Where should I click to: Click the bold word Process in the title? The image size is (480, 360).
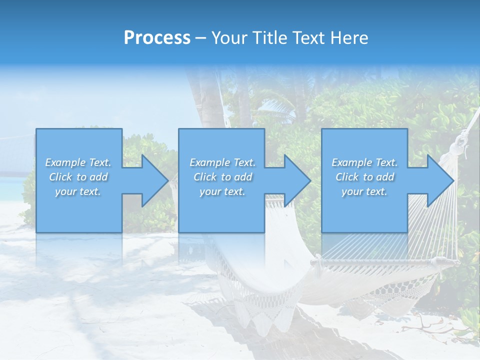(157, 38)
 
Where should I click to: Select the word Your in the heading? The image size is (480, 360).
(229, 38)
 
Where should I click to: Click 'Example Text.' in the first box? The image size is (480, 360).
(78, 162)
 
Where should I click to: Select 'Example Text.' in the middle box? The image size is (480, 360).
(222, 162)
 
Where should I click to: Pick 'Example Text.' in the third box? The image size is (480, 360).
(364, 162)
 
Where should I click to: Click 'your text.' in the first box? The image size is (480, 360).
(78, 191)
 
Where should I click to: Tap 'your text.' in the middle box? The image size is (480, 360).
(222, 191)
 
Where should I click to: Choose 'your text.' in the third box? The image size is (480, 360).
(364, 191)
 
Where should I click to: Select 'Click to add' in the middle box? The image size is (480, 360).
(222, 177)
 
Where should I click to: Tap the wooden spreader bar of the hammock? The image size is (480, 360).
(380, 260)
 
